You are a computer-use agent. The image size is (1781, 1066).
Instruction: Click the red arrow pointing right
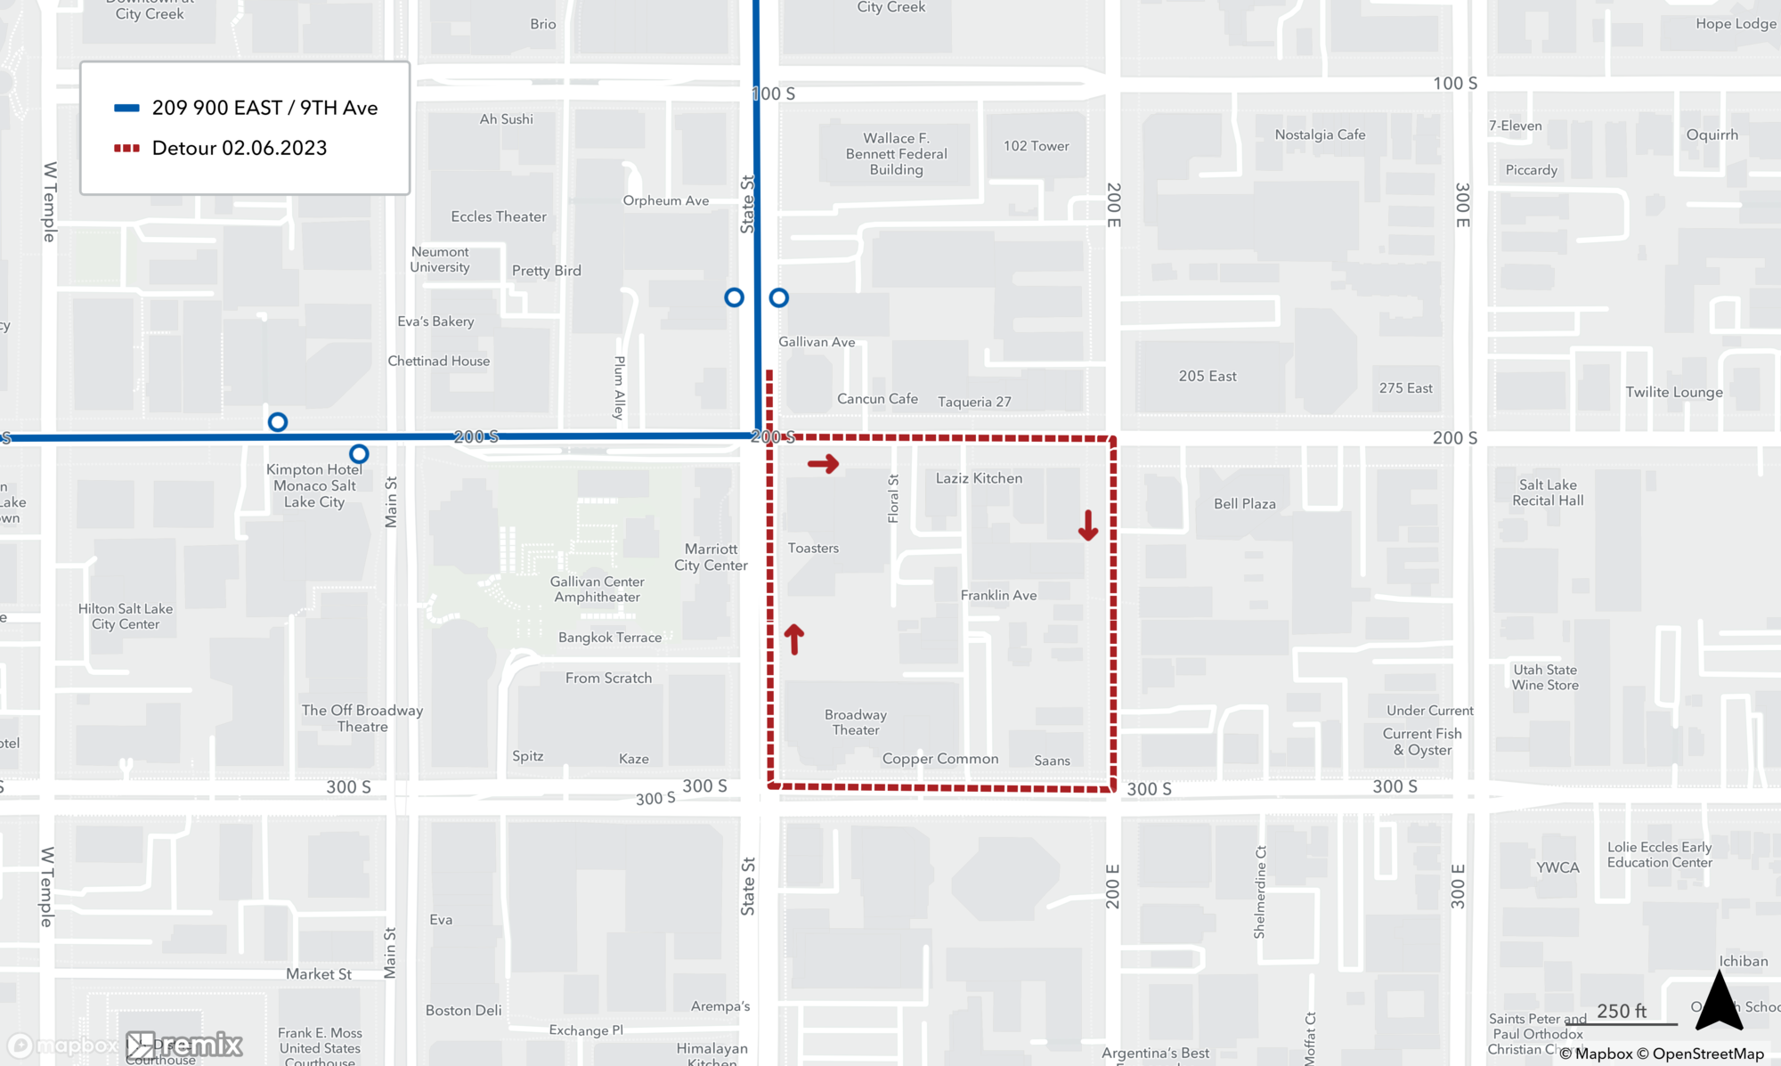[823, 464]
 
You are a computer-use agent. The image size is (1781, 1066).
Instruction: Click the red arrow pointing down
[1088, 526]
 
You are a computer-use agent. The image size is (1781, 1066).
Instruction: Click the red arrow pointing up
[793, 639]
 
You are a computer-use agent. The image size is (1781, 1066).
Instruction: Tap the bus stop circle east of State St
[779, 298]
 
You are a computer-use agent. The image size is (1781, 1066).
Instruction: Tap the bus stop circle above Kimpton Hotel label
[278, 422]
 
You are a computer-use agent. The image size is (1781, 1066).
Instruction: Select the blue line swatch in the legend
[126, 109]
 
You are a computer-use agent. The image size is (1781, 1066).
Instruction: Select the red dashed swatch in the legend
[126, 148]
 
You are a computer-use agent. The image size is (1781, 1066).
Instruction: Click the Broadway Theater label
[855, 722]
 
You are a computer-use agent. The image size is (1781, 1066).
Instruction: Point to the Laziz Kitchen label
[979, 478]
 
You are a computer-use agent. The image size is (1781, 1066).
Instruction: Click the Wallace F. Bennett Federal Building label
[896, 154]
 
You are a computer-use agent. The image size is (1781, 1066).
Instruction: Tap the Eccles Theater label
[499, 216]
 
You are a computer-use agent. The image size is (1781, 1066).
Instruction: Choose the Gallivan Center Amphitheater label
[597, 589]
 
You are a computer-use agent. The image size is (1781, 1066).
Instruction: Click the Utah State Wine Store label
[1545, 677]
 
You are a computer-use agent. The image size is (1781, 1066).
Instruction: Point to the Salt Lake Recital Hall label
[1548, 492]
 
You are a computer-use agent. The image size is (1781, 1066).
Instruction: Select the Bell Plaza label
[1244, 504]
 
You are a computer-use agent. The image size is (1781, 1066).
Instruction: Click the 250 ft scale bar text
[1621, 1011]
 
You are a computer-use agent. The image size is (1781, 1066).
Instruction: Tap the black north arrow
[1719, 1002]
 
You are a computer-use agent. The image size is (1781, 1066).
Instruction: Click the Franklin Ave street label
[998, 595]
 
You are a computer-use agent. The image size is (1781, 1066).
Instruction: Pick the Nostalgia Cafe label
[1320, 134]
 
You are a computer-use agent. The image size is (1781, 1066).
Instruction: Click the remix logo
[185, 1045]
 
